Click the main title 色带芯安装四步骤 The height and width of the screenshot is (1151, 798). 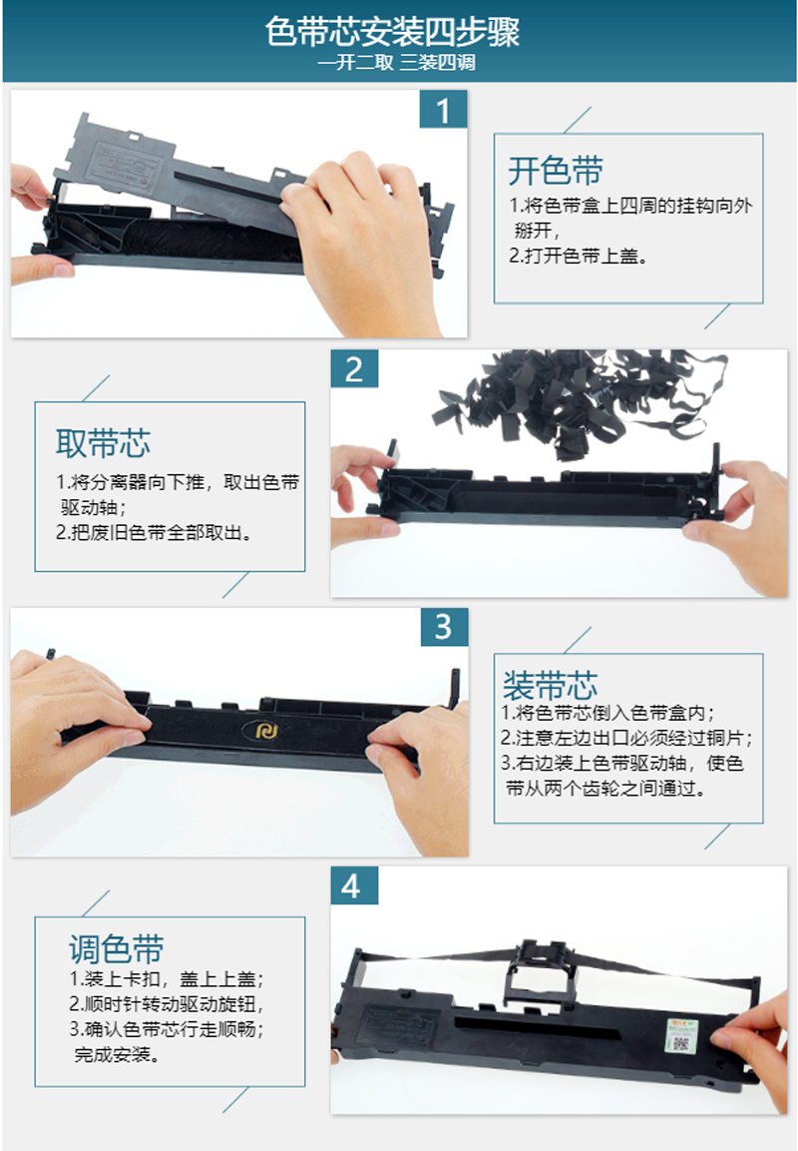392,32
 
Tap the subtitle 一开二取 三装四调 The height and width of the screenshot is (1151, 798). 396,63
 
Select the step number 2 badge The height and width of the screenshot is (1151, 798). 354,368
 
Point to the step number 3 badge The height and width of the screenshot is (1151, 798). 444,627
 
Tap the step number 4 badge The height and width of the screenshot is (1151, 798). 354,885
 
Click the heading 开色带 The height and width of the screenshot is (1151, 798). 556,171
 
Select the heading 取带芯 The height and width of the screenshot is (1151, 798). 104,442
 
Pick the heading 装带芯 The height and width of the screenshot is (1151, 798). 550,686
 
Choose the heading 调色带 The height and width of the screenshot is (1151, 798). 116,948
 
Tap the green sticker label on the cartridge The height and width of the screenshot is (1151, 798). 682,1035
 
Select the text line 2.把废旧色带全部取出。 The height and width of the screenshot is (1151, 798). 155,532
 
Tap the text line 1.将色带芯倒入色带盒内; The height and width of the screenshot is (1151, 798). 608,713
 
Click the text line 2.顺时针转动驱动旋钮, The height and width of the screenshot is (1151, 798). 167,1003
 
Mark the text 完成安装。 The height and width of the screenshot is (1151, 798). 118,1055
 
